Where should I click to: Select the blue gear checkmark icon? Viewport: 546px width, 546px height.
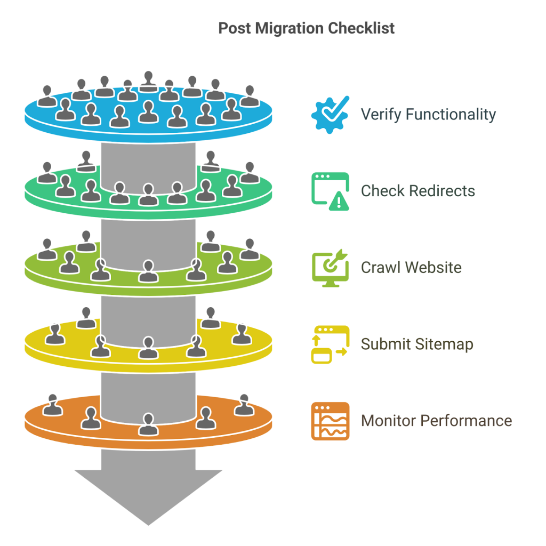330,114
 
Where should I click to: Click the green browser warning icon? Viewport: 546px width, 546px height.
330,191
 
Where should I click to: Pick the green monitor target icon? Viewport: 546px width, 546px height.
330,268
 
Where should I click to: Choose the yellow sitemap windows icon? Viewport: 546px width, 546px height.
330,344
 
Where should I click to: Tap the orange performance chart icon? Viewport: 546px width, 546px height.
330,421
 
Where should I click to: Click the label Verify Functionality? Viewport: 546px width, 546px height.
428,114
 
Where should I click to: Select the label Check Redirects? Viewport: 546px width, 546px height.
417,191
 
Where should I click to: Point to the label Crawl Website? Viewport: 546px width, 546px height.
411,267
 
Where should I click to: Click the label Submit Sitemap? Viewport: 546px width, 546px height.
417,344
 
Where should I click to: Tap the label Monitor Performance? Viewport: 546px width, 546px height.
436,421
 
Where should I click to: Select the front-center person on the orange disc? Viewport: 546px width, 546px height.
148,424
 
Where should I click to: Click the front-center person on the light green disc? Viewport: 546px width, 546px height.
148,271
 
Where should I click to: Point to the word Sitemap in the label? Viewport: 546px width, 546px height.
445,344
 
